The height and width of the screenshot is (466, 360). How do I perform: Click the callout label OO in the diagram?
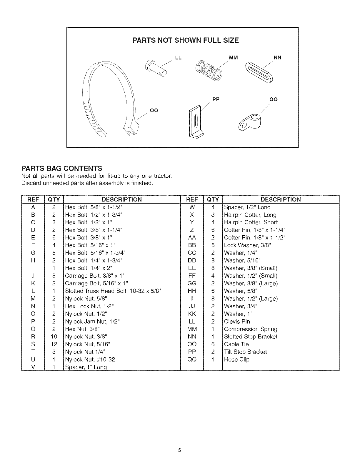click(154, 110)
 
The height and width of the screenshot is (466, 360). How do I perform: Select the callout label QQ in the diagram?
click(274, 99)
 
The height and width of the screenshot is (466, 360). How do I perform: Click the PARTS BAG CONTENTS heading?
click(62, 169)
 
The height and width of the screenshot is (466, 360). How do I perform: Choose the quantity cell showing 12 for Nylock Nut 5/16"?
click(54, 344)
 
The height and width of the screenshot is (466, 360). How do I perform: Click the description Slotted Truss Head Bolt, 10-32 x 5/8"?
click(113, 291)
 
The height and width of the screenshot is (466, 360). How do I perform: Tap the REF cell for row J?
click(33, 276)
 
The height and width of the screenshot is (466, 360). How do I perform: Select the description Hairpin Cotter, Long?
click(250, 215)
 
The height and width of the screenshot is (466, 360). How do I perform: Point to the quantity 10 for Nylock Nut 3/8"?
click(54, 337)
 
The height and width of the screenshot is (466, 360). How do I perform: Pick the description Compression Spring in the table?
click(251, 329)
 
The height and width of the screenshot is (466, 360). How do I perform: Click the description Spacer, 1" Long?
click(86, 367)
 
